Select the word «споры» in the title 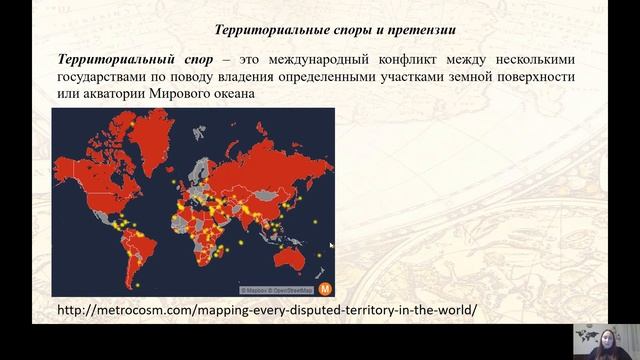(x=314, y=27)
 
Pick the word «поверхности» (x=537, y=76)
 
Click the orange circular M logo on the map (x=324, y=288)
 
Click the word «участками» (x=432, y=76)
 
